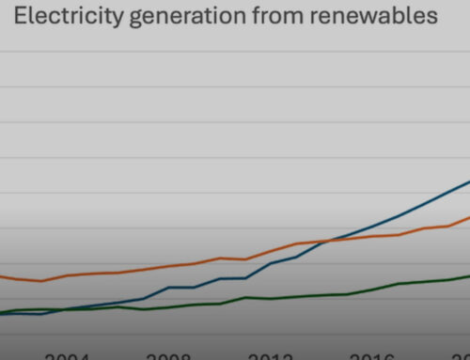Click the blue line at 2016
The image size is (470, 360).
pos(372,225)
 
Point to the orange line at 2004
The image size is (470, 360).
pos(68,275)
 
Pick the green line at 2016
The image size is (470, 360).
pos(372,289)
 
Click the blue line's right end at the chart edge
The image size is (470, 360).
pos(467,181)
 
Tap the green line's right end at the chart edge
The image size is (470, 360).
pos(467,275)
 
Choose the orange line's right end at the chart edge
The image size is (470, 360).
pos(467,217)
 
